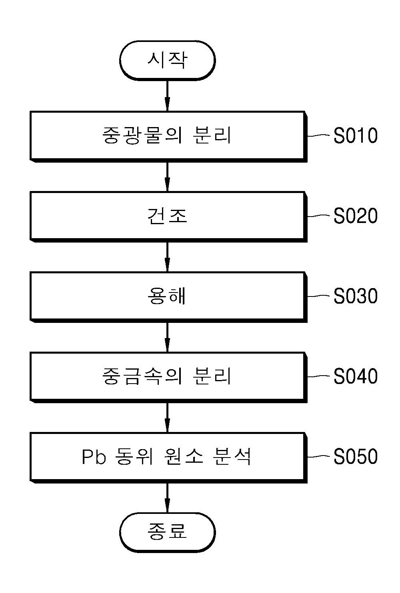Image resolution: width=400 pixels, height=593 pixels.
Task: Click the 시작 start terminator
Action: [167, 60]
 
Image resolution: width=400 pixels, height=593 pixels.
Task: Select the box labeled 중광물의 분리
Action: [168, 137]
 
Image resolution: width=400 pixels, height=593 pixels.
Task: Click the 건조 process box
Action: [168, 217]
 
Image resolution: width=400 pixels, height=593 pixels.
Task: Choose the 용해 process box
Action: [168, 297]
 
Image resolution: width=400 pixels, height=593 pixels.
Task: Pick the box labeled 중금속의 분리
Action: [168, 377]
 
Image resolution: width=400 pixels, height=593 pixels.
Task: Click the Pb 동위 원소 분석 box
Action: [168, 458]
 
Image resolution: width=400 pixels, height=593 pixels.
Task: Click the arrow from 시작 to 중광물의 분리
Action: [167, 96]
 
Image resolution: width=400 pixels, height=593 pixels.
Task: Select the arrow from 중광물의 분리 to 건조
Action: [167, 177]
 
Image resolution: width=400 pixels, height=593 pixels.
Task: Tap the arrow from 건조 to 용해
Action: [167, 257]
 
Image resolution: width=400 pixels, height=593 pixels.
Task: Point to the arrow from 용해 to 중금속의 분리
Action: [167, 337]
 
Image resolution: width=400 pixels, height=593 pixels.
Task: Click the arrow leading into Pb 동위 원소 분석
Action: [167, 418]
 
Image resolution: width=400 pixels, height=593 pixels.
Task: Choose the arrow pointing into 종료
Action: [167, 498]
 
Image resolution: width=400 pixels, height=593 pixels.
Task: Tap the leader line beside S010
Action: [319, 135]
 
